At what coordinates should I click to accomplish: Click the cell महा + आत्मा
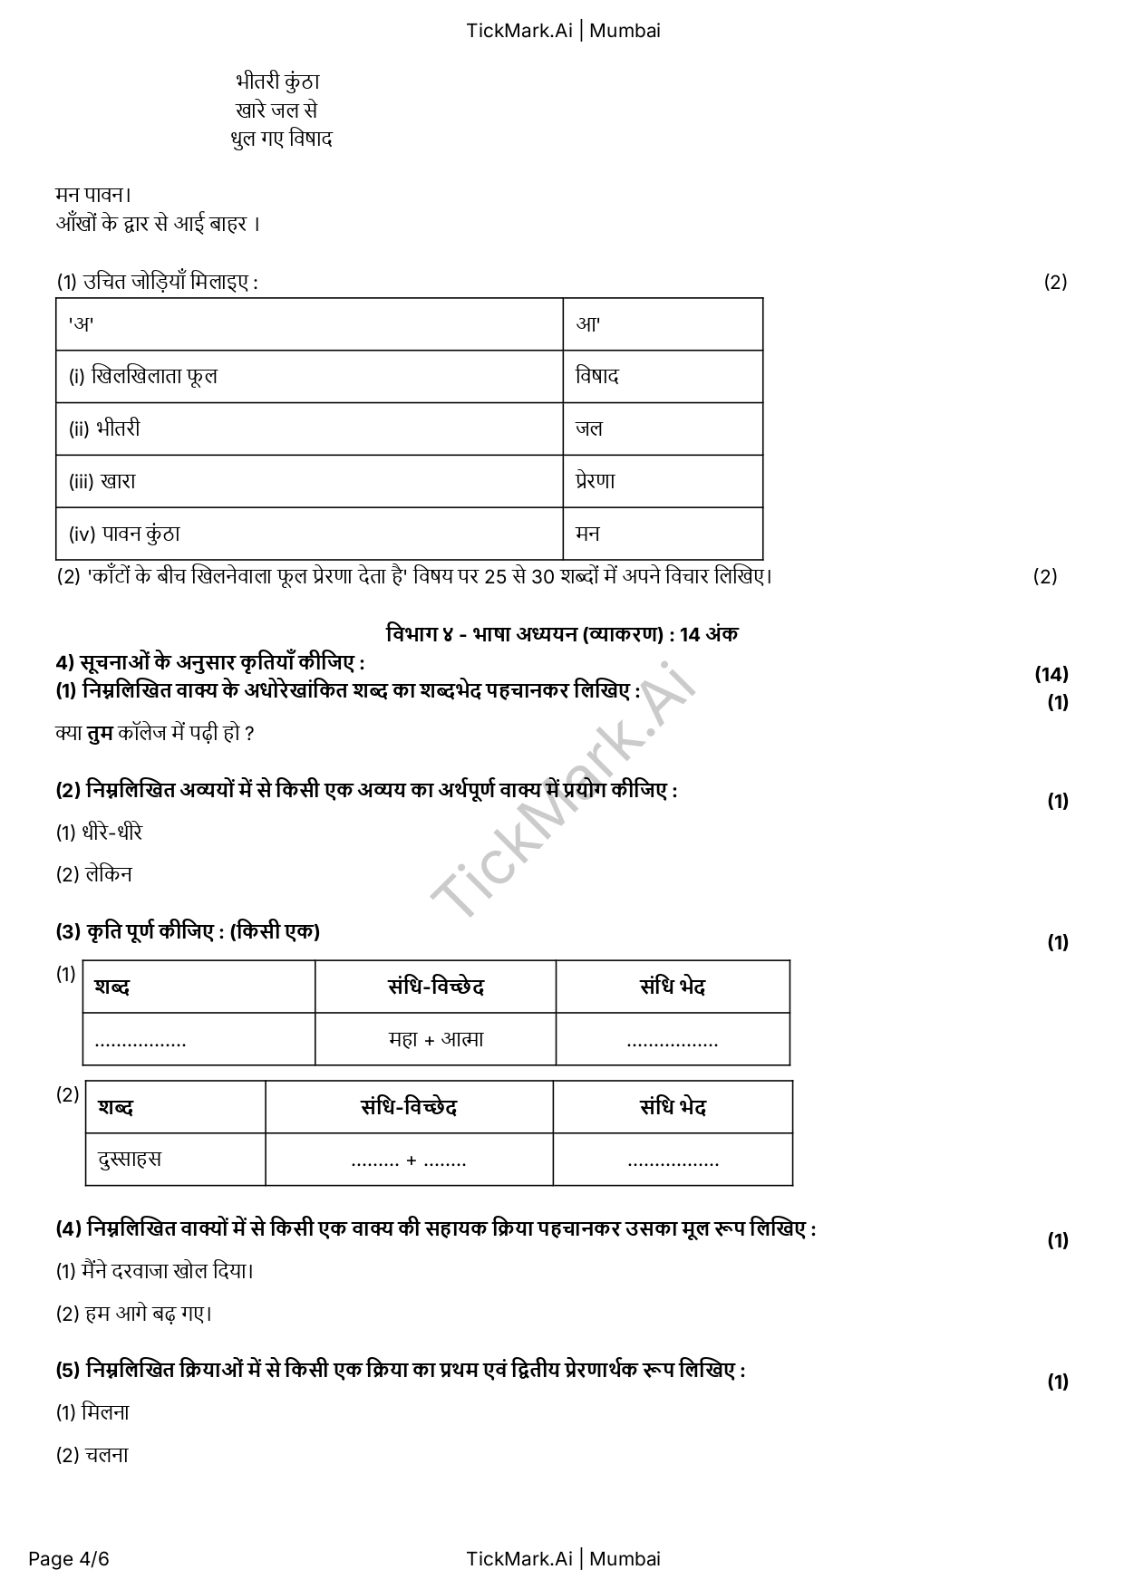436,1039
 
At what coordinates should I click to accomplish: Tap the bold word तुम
100,733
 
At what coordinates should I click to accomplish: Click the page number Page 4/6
69,1559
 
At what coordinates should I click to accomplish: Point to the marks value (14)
1051,674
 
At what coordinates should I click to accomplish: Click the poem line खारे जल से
276,111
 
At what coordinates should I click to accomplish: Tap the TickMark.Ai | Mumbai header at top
563,31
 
